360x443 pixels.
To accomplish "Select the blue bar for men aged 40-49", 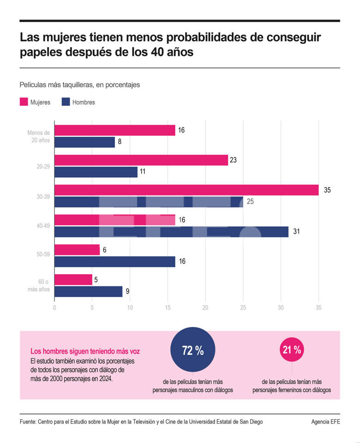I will pos(171,231).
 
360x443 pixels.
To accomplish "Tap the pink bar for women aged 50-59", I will pos(77,250).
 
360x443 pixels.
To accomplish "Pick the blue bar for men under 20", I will pos(84,142).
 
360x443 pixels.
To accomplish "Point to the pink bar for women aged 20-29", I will pos(141,160).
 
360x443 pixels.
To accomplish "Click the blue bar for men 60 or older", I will pos(88,291).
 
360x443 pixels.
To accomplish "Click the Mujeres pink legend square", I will pos(23,102).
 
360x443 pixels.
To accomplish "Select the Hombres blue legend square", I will pos(65,102).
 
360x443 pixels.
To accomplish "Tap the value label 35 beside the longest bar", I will pos(327,190).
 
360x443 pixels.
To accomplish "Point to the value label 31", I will pos(297,231).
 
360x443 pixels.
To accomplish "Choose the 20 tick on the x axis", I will pos(205,307).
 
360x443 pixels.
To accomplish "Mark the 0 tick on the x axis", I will pos(54,307).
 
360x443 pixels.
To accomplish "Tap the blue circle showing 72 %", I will pos(193,351).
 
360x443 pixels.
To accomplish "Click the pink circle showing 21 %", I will pos(292,350).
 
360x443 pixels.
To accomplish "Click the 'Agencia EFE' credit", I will pos(325,422).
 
